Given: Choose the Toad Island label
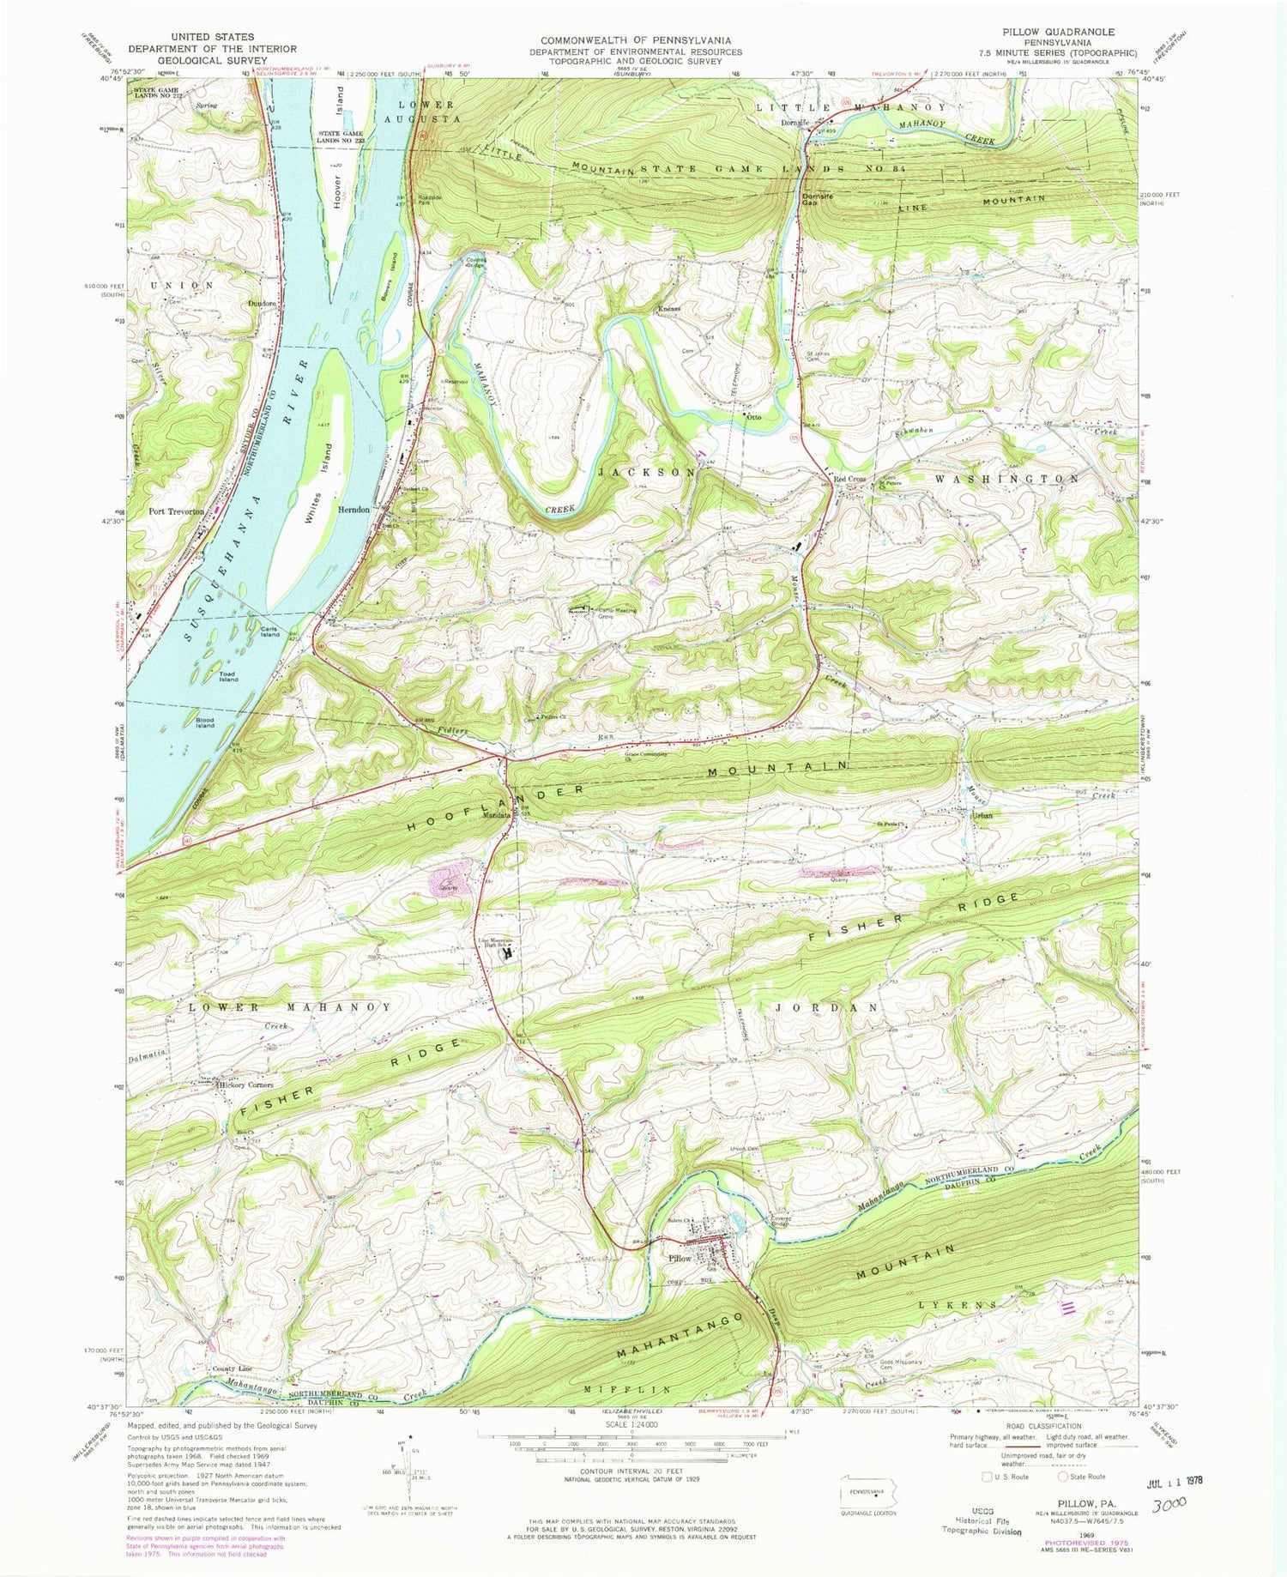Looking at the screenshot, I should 227,679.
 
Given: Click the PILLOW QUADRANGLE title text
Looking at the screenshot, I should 1062,32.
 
